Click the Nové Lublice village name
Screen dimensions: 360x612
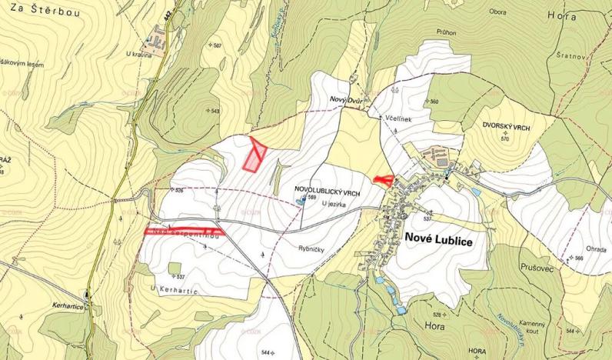(x=437, y=239)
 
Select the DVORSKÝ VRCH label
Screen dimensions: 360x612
(x=504, y=124)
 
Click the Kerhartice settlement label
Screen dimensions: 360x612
(x=64, y=306)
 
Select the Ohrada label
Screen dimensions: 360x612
(x=596, y=248)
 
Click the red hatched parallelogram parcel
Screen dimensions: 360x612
(x=254, y=153)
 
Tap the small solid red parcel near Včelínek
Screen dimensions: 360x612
(x=382, y=179)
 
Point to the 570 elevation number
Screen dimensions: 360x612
(x=505, y=139)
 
